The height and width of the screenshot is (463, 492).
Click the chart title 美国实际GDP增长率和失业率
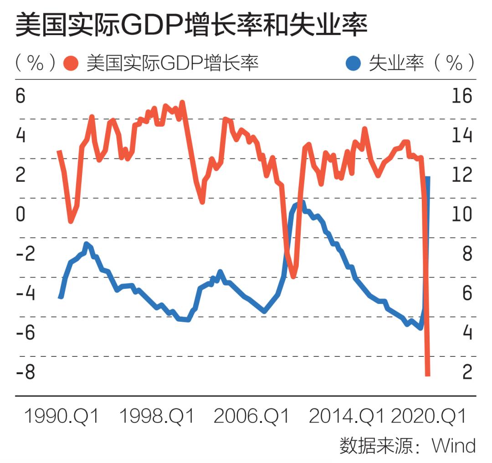coord(192,26)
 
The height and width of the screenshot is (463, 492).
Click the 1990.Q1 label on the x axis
coord(61,416)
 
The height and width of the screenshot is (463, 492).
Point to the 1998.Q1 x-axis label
coord(157,416)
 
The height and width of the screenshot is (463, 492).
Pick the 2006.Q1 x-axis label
coord(251,416)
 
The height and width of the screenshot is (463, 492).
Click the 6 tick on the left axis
coord(21,96)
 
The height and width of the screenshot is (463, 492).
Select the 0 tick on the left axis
coord(21,215)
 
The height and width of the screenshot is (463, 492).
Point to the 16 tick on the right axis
coord(461,96)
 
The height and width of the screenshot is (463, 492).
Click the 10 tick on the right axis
coord(461,215)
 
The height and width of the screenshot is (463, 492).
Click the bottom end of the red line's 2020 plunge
coord(427,375)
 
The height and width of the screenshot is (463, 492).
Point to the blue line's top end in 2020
coord(428,178)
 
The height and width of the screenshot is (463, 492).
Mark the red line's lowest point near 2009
coord(293,276)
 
